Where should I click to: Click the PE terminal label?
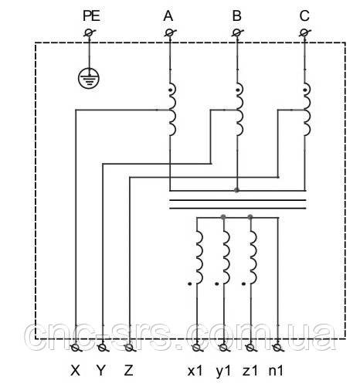pyautogui.click(x=91, y=16)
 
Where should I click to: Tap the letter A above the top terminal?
pyautogui.click(x=168, y=16)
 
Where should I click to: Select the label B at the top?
pyautogui.click(x=236, y=16)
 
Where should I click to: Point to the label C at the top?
pyautogui.click(x=304, y=16)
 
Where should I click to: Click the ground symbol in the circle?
pyautogui.click(x=89, y=77)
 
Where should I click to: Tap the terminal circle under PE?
pyautogui.click(x=90, y=32)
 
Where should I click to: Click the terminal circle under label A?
pyautogui.click(x=169, y=32)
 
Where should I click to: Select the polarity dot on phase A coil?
pyautogui.click(x=170, y=90)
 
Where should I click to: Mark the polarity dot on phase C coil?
pyautogui.click(x=305, y=90)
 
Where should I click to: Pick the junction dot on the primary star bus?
pyautogui.click(x=237, y=190)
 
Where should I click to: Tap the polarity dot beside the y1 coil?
pyautogui.click(x=217, y=284)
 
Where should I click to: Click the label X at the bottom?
pyautogui.click(x=75, y=371)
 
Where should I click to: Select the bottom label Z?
pyautogui.click(x=128, y=371)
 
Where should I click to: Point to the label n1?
pyautogui.click(x=276, y=371)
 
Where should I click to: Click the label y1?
pyautogui.click(x=223, y=372)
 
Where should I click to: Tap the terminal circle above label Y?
pyautogui.click(x=103, y=348)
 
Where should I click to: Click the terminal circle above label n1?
pyautogui.click(x=277, y=348)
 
